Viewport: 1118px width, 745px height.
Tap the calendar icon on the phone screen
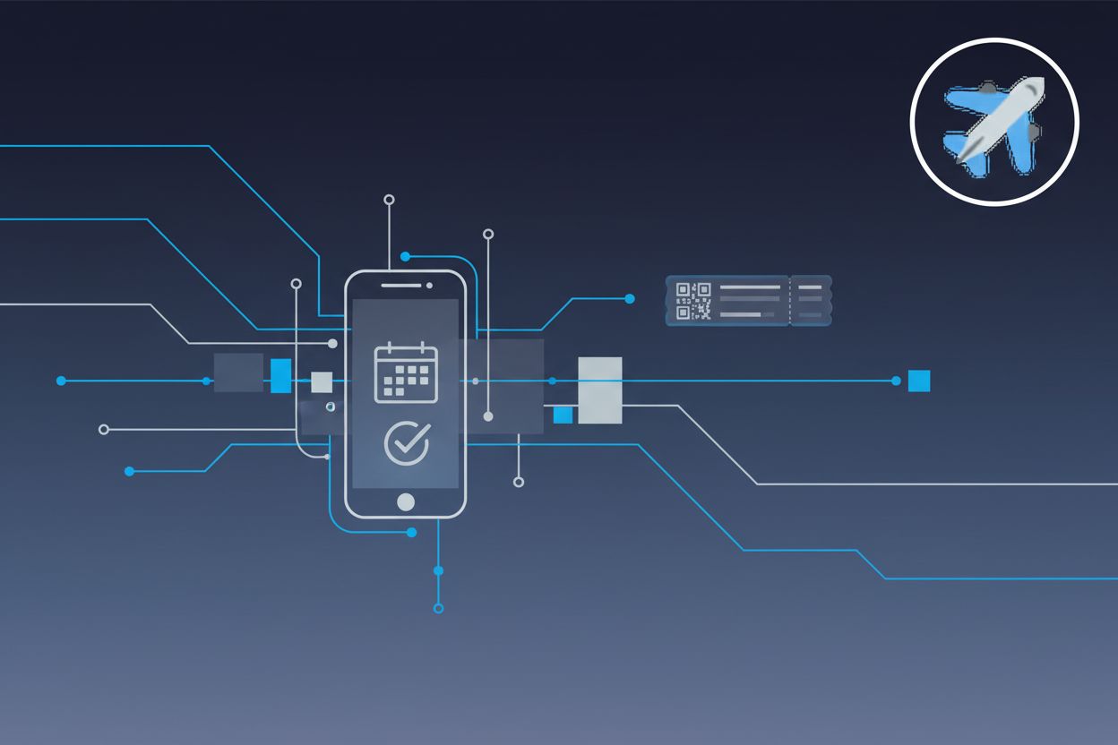406,372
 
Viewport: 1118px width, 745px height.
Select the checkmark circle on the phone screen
407,442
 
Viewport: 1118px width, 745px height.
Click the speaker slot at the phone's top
400,286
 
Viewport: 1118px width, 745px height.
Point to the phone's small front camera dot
430,286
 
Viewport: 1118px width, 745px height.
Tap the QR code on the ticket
693,300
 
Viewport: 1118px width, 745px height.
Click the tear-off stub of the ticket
811,300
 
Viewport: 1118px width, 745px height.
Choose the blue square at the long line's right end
919,381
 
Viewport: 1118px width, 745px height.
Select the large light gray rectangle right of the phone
600,390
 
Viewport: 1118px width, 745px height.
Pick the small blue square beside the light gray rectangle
563,415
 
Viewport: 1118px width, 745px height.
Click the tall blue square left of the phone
280,375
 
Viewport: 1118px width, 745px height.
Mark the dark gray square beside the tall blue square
238,372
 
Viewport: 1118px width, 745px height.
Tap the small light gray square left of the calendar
322,382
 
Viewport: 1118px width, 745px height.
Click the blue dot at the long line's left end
61,381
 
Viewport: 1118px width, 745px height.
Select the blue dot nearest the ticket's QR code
630,298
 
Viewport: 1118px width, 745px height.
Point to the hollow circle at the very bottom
438,608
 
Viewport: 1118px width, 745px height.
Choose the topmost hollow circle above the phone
389,199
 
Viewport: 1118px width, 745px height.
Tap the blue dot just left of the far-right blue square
896,381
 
